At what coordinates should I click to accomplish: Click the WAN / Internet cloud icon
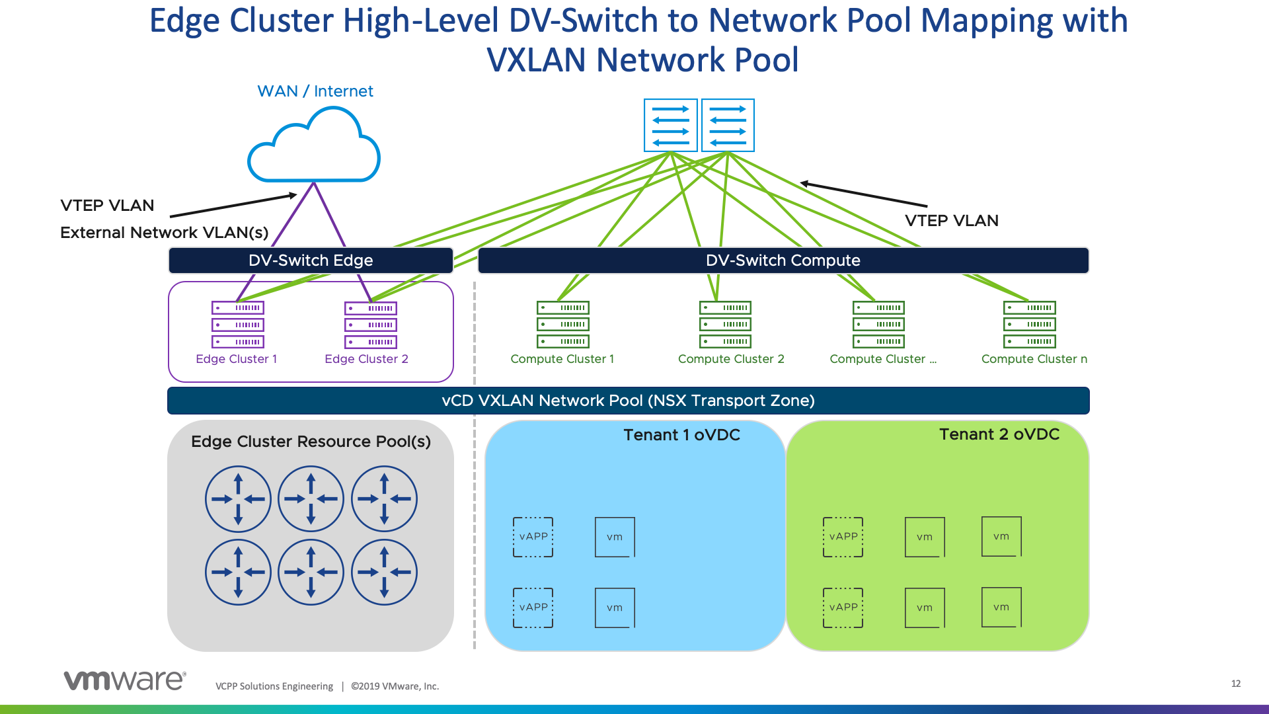[314, 147]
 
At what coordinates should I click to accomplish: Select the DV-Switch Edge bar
[311, 260]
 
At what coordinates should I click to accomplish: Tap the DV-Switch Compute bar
[783, 260]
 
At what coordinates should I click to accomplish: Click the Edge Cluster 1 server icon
[238, 325]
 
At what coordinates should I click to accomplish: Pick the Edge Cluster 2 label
[366, 359]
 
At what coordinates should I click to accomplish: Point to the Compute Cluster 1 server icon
[563, 325]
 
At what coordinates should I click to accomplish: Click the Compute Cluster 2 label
[731, 359]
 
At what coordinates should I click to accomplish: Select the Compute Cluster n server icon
[1030, 325]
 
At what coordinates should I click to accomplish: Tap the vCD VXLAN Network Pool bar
[628, 401]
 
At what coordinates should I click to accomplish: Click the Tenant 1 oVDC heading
[681, 435]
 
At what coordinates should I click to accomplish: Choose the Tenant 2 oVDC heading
[999, 434]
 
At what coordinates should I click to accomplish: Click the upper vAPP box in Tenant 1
[533, 537]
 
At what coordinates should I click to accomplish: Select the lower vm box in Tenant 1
[615, 608]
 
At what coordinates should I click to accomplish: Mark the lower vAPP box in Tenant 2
[843, 608]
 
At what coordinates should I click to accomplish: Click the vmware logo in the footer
[125, 680]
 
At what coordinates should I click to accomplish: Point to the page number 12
[1236, 684]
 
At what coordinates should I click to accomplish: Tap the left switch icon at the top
[671, 126]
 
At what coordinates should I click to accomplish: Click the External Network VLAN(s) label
[164, 233]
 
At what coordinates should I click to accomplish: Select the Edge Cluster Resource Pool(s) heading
[311, 442]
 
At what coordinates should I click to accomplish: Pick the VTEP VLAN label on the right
[951, 221]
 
